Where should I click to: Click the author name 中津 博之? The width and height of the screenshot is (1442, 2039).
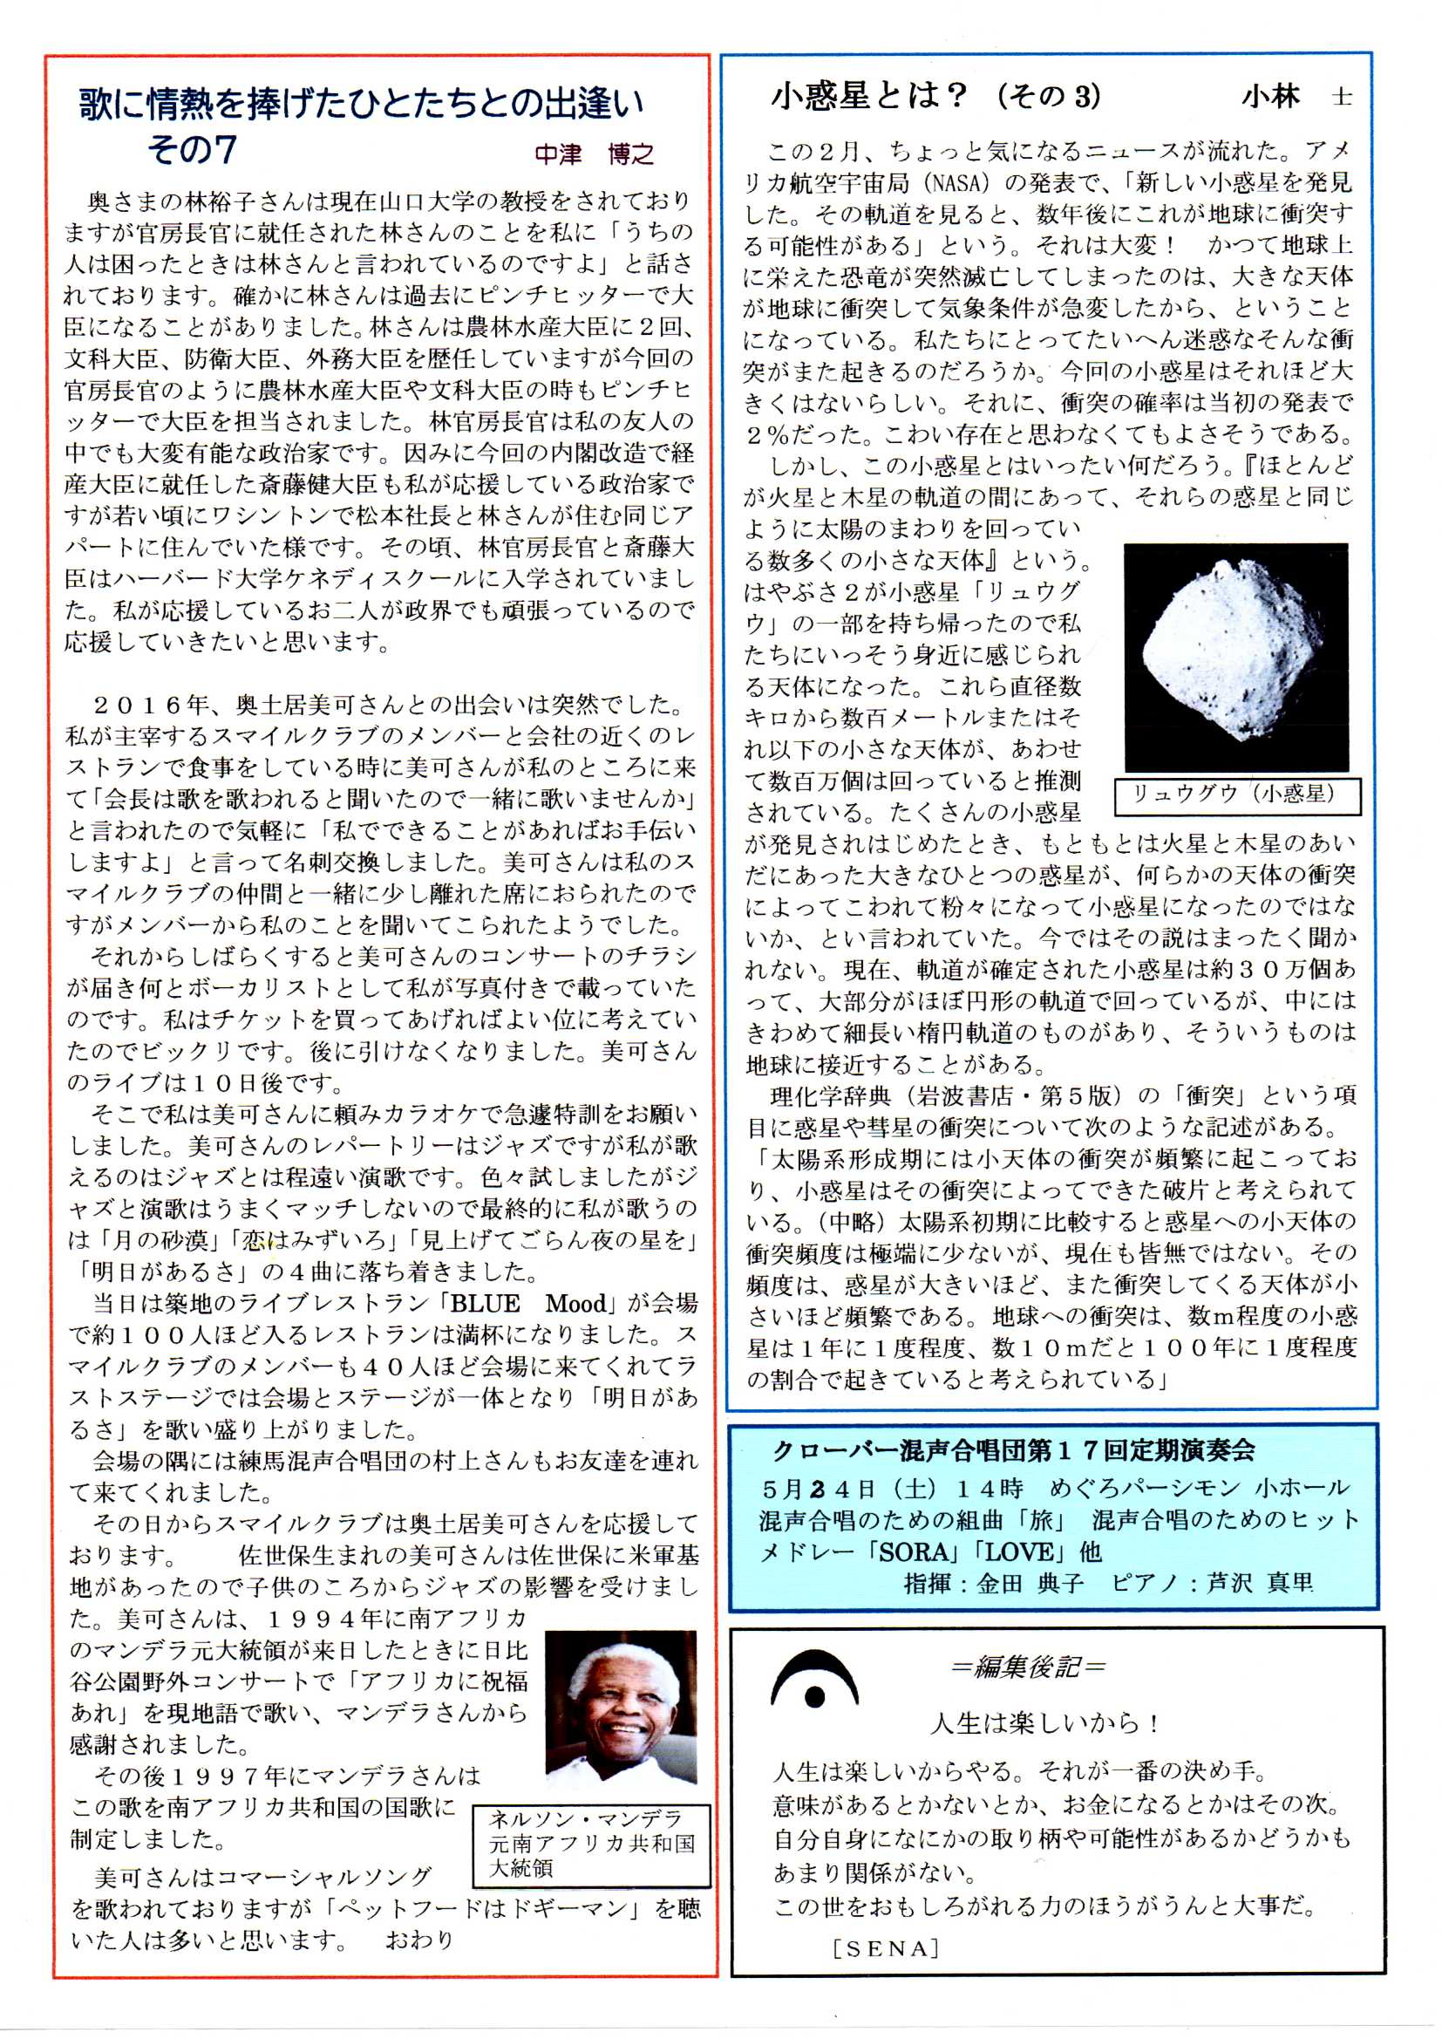(x=594, y=153)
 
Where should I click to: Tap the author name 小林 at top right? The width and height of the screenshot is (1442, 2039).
(x=1270, y=97)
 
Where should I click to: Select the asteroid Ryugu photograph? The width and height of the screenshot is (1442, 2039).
(x=1235, y=657)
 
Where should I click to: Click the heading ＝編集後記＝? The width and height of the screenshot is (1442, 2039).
(x=1027, y=1667)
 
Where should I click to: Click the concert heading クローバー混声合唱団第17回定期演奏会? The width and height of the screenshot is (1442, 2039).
(x=1014, y=1451)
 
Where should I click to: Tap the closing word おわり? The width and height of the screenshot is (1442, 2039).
(x=418, y=1940)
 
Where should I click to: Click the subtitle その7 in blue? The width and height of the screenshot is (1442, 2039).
(x=192, y=150)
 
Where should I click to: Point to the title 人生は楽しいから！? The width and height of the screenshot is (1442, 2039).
(x=1044, y=1724)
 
